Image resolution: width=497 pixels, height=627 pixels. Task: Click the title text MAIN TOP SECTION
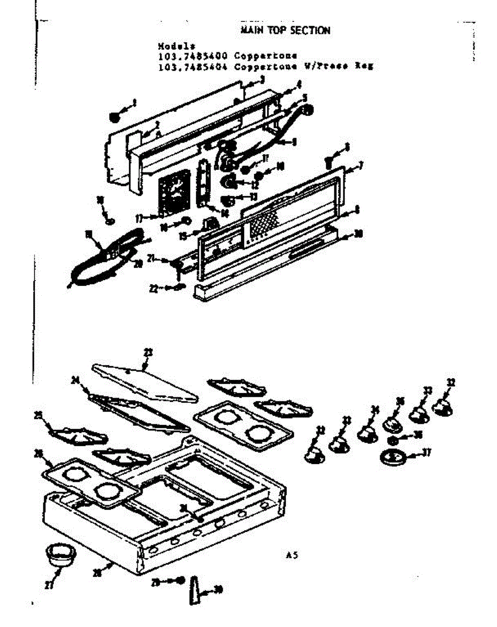point(285,30)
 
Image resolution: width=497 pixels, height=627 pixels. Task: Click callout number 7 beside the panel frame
point(361,167)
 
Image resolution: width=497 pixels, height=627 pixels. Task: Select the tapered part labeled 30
point(194,590)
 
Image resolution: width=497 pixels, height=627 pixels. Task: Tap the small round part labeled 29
point(179,580)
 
